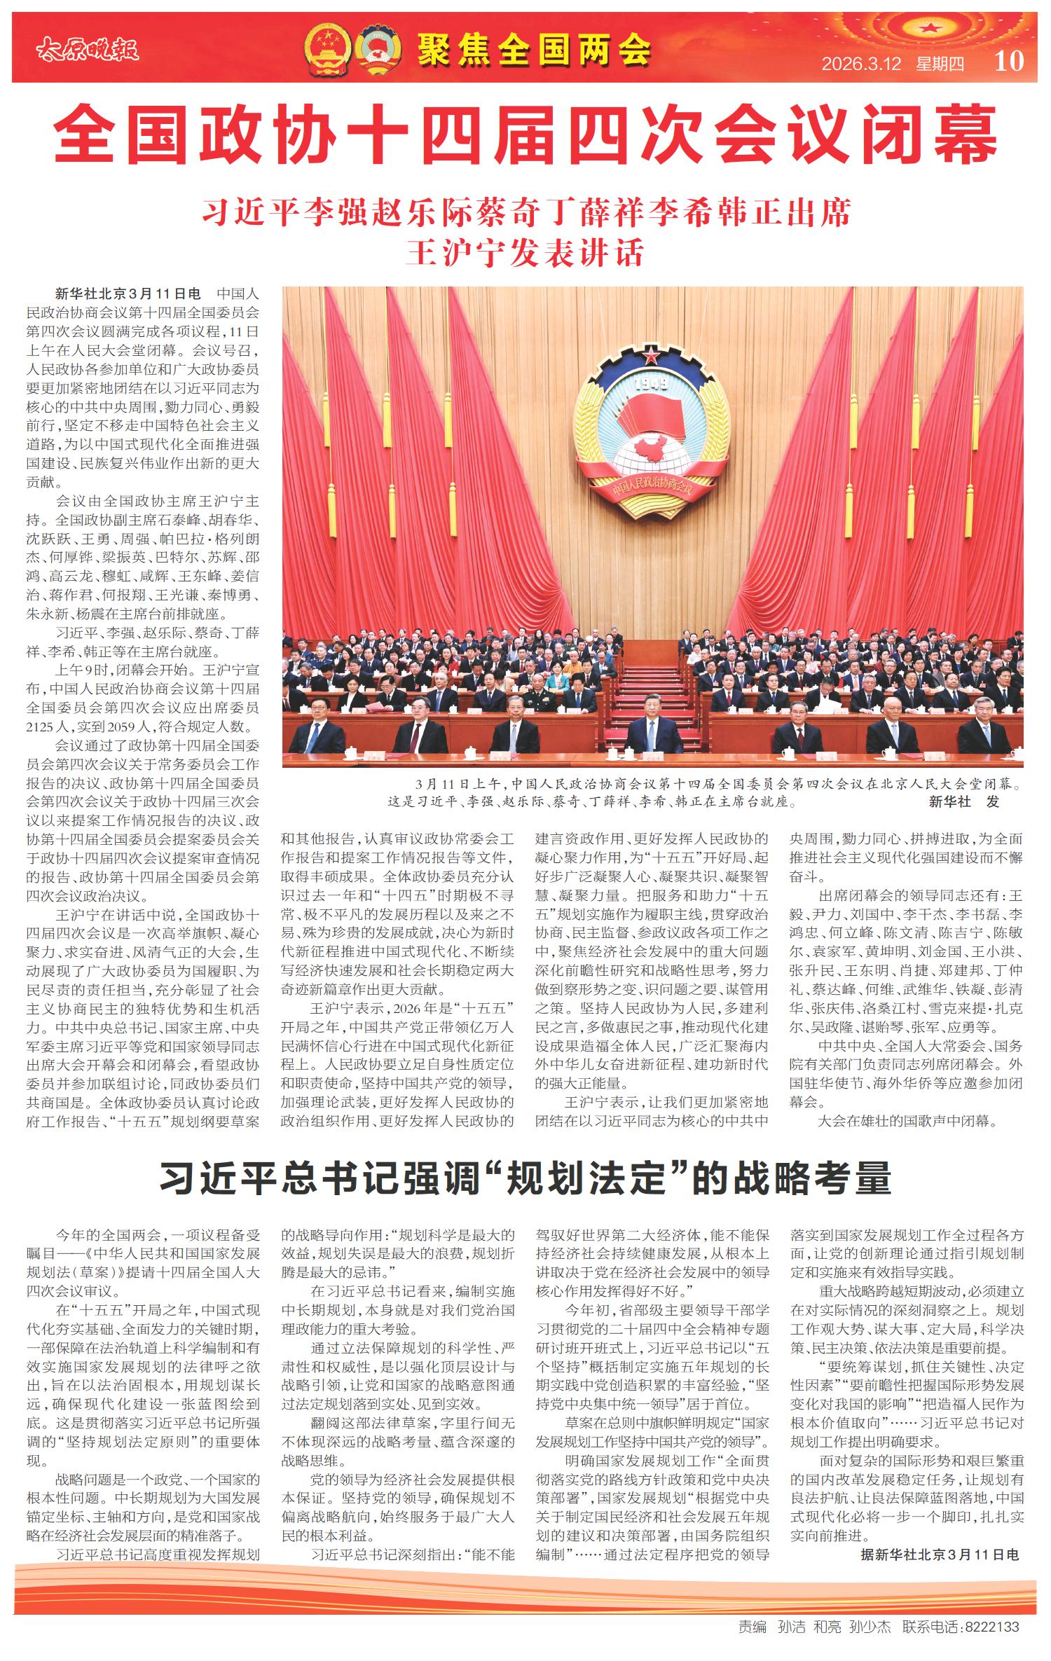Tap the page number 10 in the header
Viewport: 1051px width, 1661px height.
pos(1009,61)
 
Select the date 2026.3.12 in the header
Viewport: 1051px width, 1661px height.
pos(861,64)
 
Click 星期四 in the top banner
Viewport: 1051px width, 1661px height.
pos(940,64)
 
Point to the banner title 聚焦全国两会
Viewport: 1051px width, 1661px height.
pos(534,50)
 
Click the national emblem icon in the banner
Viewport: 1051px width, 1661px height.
pos(327,49)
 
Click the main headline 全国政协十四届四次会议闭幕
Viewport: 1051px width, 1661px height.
pos(525,134)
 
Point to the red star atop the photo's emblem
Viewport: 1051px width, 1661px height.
pos(652,354)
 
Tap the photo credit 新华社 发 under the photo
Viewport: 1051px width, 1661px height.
pos(963,801)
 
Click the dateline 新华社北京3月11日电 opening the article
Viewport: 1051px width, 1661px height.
pos(128,294)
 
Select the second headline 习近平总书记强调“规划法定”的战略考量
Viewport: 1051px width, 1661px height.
pos(525,1178)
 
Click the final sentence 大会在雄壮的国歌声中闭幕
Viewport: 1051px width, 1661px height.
pos(907,1120)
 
